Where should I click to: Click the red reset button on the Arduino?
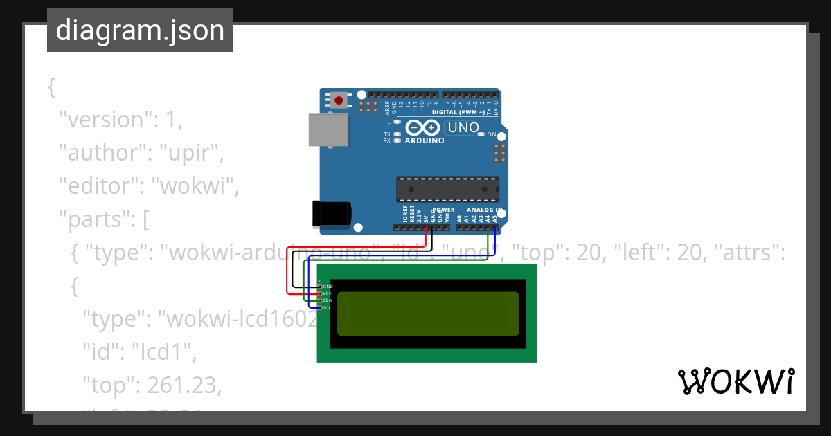[339, 100]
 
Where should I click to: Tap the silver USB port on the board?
[328, 130]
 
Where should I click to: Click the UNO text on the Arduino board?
[463, 127]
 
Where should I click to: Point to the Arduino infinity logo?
[423, 128]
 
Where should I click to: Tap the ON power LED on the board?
[481, 134]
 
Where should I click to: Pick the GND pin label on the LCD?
[328, 286]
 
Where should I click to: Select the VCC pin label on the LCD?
[327, 293]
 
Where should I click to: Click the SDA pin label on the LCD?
[327, 300]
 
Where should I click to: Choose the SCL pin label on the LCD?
[327, 308]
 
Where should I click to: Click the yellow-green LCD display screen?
[428, 314]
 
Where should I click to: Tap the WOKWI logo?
[735, 381]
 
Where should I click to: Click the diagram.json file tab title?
[140, 30]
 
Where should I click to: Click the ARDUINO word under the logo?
[424, 140]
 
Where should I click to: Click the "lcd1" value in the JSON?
[163, 352]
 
